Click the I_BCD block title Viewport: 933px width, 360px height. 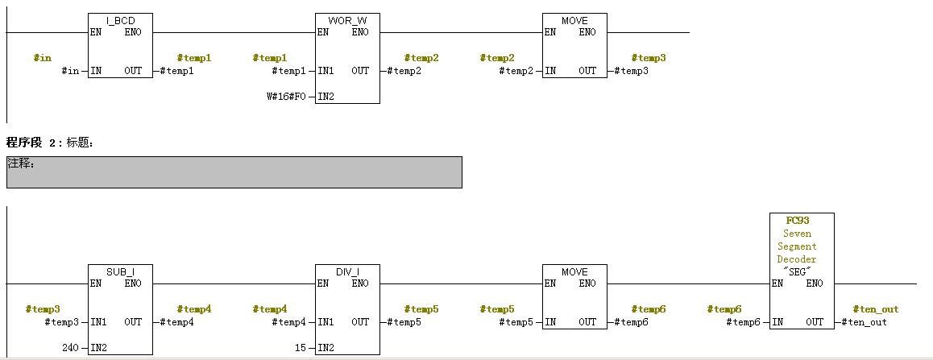coord(119,20)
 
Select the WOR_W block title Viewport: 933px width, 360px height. coord(346,20)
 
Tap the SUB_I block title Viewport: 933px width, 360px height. coord(119,271)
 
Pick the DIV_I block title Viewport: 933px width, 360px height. coord(346,271)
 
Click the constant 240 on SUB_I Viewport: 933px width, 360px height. coord(71,348)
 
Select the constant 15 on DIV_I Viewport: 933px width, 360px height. coord(300,348)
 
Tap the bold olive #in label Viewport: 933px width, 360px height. coord(42,58)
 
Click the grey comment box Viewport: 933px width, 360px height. coord(234,172)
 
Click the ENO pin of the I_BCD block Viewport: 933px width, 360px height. coord(134,32)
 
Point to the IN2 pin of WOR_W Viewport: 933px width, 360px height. coord(326,97)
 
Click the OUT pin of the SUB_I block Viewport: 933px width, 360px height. coord(133,322)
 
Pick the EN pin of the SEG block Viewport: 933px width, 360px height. coord(778,283)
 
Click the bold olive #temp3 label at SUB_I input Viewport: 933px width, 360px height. coord(43,308)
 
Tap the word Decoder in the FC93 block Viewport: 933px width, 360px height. coord(797,259)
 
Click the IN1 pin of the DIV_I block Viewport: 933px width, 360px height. coord(326,322)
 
